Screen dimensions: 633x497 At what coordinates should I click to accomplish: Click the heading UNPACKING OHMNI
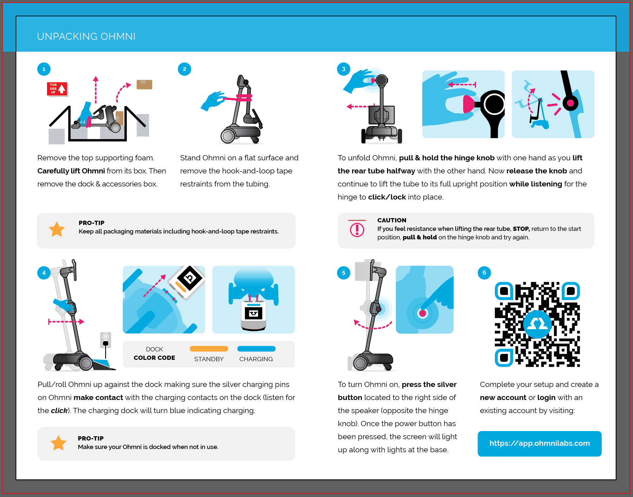pyautogui.click(x=86, y=36)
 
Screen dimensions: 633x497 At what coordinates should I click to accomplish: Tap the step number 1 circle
pyautogui.click(x=44, y=69)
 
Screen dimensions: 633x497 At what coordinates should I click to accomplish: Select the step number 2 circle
pyautogui.click(x=185, y=69)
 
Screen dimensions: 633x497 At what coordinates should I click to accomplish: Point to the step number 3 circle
pyautogui.click(x=344, y=69)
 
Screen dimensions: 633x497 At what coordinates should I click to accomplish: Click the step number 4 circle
pyautogui.click(x=44, y=273)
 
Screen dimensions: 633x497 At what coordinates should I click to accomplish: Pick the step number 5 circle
pyautogui.click(x=344, y=273)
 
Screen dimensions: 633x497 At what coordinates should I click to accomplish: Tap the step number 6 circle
pyautogui.click(x=484, y=273)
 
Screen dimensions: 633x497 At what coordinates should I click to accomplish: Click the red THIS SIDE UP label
pyautogui.click(x=57, y=89)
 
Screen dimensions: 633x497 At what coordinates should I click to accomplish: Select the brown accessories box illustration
pyautogui.click(x=144, y=85)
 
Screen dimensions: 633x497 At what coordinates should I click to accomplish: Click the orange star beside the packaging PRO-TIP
pyautogui.click(x=57, y=229)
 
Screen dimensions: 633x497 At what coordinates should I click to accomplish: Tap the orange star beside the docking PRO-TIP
pyautogui.click(x=58, y=443)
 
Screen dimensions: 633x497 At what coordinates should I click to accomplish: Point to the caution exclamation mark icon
pyautogui.click(x=357, y=230)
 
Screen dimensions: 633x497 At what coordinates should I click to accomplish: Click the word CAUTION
pyautogui.click(x=392, y=220)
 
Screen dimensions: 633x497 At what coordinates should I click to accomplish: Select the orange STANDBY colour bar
pyautogui.click(x=209, y=349)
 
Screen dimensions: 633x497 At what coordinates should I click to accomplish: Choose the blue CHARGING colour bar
pyautogui.click(x=256, y=349)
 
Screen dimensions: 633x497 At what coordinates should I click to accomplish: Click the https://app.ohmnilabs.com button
pyautogui.click(x=540, y=443)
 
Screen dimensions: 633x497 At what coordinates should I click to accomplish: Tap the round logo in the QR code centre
pyautogui.click(x=537, y=324)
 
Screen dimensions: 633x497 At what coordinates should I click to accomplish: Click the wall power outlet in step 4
pyautogui.click(x=105, y=340)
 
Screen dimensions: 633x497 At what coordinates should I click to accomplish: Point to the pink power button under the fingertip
pyautogui.click(x=423, y=313)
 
